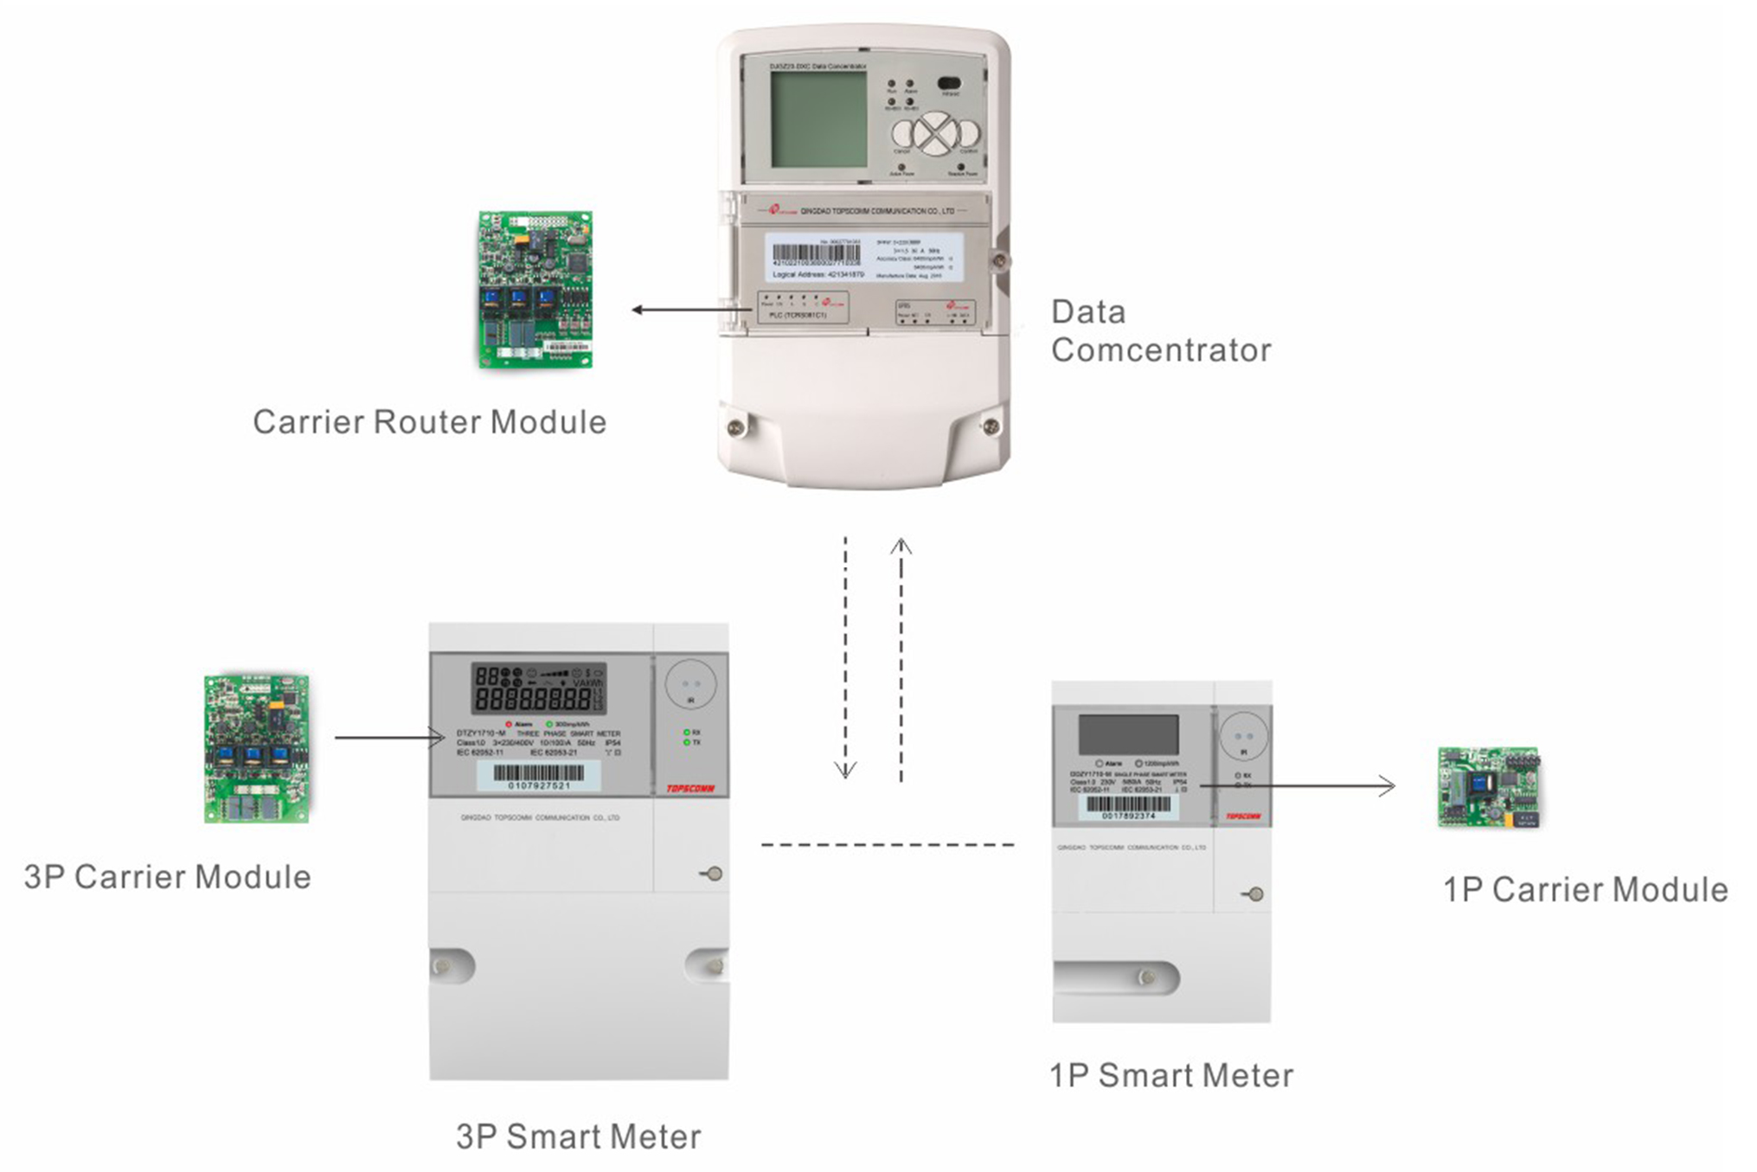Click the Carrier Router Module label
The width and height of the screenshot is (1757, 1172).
[429, 422]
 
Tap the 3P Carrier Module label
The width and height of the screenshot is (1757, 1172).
[167, 877]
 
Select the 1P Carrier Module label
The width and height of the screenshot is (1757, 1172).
[1585, 890]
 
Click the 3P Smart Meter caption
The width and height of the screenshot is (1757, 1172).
[578, 1137]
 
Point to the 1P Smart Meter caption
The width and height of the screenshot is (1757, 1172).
[1170, 1076]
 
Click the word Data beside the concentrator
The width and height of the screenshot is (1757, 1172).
[1088, 312]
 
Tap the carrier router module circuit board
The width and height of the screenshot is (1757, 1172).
[535, 290]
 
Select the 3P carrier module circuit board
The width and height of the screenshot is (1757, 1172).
[257, 748]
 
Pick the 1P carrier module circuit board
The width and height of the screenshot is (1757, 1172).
[1488, 787]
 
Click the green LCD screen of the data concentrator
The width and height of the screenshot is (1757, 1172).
[818, 119]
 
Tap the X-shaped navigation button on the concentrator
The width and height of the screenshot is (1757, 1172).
[935, 134]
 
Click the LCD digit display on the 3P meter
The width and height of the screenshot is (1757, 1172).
[538, 688]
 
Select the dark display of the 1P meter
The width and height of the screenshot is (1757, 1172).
[1128, 734]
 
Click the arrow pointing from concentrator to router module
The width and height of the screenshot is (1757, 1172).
[690, 310]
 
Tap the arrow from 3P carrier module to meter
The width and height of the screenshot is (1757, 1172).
[389, 737]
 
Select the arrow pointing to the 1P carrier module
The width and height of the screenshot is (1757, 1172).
[1298, 785]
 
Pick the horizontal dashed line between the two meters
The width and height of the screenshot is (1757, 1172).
[887, 844]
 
